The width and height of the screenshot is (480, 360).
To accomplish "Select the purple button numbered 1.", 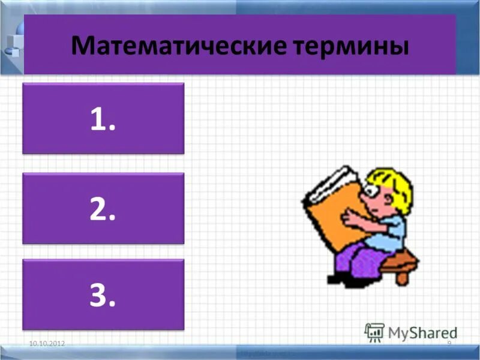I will coord(103,118).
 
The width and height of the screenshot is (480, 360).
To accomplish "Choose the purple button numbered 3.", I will coord(103,294).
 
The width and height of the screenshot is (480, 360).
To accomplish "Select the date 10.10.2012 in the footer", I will coord(47,343).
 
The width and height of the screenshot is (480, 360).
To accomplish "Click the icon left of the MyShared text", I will coord(374,332).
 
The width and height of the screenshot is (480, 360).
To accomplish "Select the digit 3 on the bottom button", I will coord(98,294).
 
